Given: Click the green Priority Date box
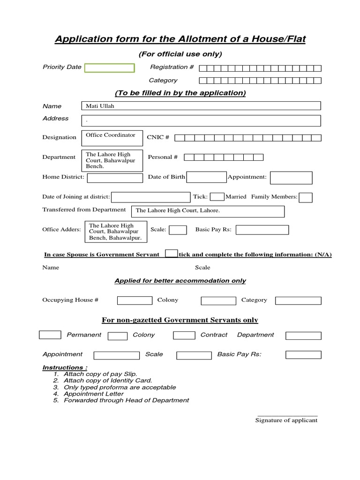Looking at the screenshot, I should (x=109, y=68).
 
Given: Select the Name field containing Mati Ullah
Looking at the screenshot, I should (x=201, y=106).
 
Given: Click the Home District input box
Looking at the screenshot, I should (x=115, y=178).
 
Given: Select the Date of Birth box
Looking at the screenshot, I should (x=206, y=177).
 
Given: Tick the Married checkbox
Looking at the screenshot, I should (x=217, y=197).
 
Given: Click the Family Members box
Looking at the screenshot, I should (x=306, y=197).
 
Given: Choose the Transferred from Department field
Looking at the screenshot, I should (x=208, y=211).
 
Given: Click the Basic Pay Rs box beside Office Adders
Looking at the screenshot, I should (x=262, y=230).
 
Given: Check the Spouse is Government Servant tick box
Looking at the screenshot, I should (x=172, y=254).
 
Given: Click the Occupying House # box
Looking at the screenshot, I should (x=135, y=300).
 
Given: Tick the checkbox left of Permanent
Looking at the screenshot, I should (x=50, y=335).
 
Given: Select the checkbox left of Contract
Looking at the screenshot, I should (x=184, y=335).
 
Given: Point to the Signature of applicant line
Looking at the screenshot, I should (x=287, y=416).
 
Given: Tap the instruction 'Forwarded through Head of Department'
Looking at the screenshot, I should (x=126, y=400).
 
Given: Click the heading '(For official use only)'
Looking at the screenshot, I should (x=180, y=54).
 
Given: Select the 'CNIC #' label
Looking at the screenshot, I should (x=158, y=137).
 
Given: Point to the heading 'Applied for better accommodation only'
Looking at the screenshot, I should (x=180, y=281).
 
